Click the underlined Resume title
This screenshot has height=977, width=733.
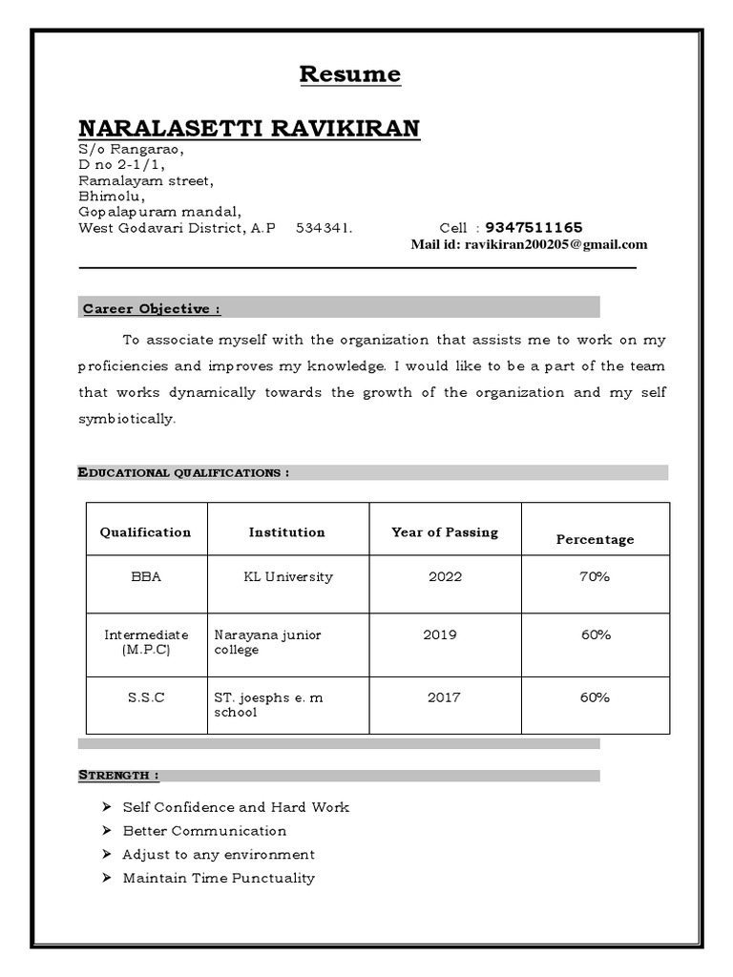[350, 74]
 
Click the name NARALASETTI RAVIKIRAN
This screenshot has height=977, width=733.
[248, 129]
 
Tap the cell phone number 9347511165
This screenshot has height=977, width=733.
[534, 228]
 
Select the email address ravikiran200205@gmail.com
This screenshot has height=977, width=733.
[555, 244]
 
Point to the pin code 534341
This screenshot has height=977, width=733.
[324, 228]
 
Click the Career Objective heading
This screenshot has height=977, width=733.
[152, 309]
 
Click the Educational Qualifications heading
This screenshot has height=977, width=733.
[183, 472]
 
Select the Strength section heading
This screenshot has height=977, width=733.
[118, 776]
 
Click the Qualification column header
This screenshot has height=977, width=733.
[145, 532]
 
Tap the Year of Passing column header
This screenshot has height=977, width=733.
[445, 532]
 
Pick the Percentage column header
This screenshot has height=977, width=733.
[595, 540]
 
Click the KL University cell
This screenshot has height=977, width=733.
[287, 577]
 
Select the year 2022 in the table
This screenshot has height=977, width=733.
[445, 577]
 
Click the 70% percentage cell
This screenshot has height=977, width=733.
[595, 577]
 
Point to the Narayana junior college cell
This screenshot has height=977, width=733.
[268, 642]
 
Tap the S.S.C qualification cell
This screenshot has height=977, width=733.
[146, 697]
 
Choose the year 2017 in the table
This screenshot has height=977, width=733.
[444, 697]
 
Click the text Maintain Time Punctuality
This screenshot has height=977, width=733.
[219, 878]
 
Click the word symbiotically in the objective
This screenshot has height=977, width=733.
[127, 420]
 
